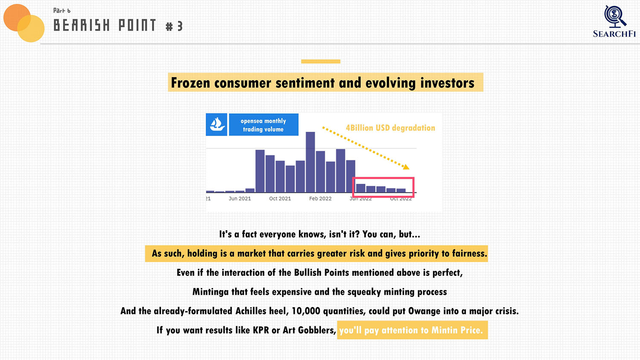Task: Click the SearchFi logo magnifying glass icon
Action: pos(615,16)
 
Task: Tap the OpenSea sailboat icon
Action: pos(217,125)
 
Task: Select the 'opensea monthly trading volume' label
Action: pos(263,125)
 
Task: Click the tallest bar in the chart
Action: pos(310,162)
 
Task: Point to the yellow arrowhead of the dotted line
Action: pos(406,167)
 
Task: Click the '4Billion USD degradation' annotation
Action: pos(390,128)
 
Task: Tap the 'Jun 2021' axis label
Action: pos(240,199)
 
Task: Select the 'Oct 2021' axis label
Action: pos(280,199)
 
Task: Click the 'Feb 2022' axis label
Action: pos(320,199)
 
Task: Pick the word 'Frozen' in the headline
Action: pos(190,83)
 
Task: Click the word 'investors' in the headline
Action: pos(447,83)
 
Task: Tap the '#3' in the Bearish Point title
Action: pos(174,26)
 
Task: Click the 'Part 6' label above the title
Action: pos(62,11)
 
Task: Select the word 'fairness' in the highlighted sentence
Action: pos(469,253)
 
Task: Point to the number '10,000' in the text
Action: pos(306,311)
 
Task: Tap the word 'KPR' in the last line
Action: pos(261,330)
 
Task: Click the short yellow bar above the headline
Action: pos(320,61)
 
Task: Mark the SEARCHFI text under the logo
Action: pos(614,34)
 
